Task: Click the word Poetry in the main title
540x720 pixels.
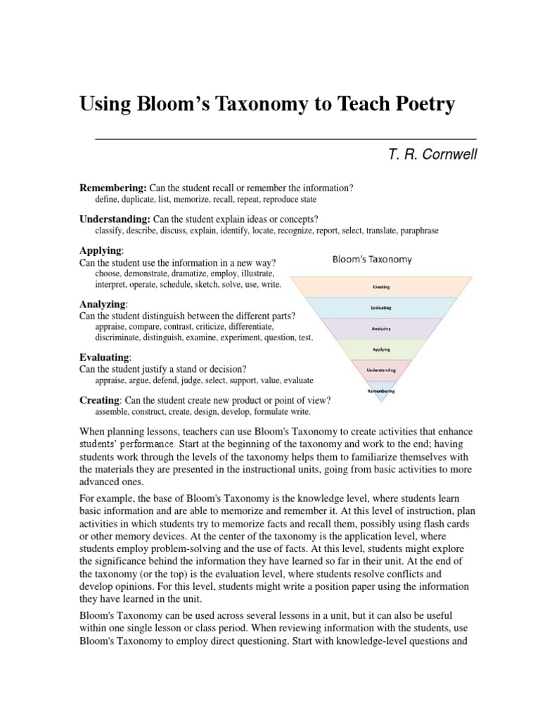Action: click(420, 105)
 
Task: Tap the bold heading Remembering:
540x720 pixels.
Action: click(112, 188)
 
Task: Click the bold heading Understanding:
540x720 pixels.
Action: click(115, 219)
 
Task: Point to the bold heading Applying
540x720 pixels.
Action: click(101, 250)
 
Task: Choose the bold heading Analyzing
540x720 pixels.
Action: click(103, 304)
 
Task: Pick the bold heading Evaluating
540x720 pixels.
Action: click(105, 357)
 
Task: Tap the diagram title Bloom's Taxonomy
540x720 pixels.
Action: click(372, 259)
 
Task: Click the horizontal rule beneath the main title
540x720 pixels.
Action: click(285, 139)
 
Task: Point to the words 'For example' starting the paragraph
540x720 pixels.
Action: click(105, 500)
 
